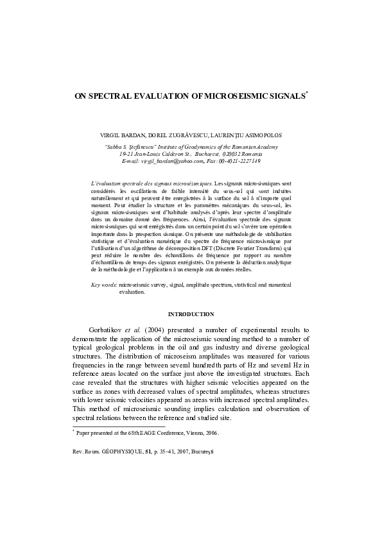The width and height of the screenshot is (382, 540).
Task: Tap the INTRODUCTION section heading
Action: point(191,314)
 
